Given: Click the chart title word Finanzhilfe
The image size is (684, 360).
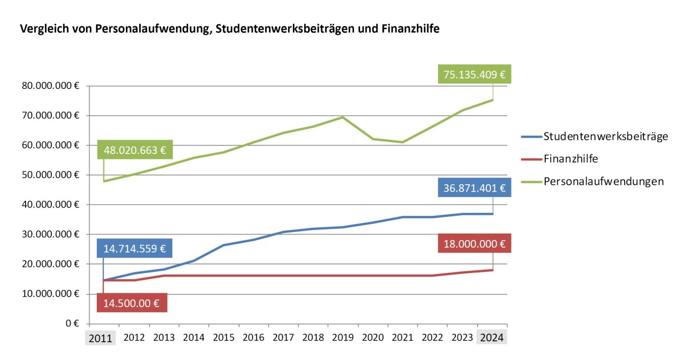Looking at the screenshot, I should (x=410, y=29).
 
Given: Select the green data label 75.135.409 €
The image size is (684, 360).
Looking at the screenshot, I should (x=474, y=75).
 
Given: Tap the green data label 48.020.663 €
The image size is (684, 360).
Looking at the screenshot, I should (x=134, y=150).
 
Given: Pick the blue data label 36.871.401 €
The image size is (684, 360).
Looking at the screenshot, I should (x=474, y=188).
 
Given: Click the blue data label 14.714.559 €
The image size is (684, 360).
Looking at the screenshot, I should (x=134, y=248).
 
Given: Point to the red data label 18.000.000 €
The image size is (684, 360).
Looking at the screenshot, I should (x=474, y=243).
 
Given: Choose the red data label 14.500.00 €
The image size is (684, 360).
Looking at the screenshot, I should (x=132, y=303).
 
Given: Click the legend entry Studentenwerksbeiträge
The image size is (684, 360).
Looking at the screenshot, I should (x=605, y=136).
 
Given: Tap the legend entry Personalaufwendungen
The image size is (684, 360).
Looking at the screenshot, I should (x=604, y=181).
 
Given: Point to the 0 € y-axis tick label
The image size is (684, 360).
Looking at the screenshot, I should (x=73, y=324).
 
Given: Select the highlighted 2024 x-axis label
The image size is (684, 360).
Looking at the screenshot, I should (x=491, y=338).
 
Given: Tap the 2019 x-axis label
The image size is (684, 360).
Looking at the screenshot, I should (x=343, y=338).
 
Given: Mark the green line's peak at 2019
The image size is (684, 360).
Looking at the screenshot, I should (x=343, y=117).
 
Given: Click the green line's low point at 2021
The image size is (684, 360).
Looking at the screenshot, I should (x=402, y=142).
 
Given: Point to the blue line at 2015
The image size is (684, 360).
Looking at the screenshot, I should (x=224, y=245).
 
